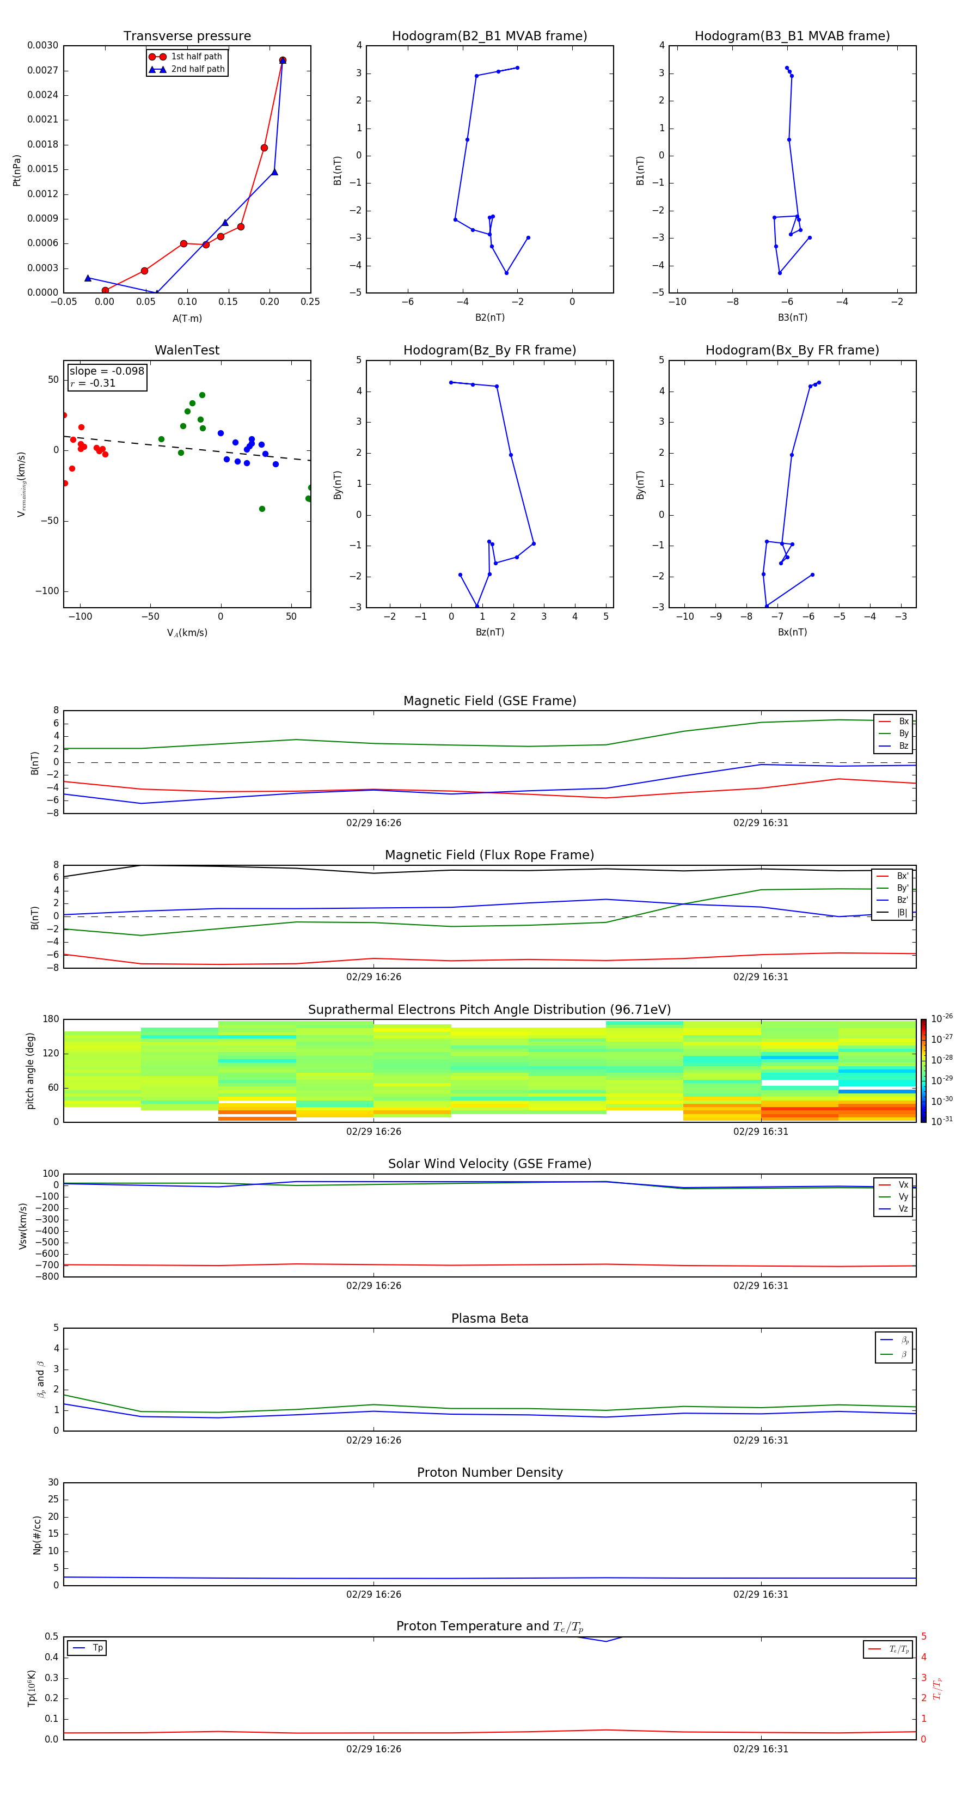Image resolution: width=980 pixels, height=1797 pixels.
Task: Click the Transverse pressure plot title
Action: tap(187, 36)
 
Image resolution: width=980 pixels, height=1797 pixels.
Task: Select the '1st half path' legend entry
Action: tap(196, 57)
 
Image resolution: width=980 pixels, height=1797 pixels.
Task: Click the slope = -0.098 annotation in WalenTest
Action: tap(107, 371)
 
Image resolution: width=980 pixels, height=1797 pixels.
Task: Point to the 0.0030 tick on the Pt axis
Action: tap(42, 45)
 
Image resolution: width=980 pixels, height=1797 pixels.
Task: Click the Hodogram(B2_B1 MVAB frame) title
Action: tap(489, 36)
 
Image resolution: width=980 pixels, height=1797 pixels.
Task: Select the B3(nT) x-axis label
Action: tap(792, 317)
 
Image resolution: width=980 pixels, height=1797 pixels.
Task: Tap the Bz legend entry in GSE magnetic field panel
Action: tap(903, 745)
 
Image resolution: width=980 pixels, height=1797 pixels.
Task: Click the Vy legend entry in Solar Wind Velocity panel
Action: tap(903, 1196)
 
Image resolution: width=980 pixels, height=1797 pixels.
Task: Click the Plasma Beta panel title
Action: tap(489, 1318)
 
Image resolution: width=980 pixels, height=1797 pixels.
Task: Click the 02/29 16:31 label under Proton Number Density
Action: tap(760, 1594)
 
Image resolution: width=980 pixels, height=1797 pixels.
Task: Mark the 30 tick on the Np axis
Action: tap(53, 1482)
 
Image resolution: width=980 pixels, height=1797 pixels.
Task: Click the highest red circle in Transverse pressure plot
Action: tap(283, 60)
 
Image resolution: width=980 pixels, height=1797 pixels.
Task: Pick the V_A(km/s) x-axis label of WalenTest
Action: tap(187, 633)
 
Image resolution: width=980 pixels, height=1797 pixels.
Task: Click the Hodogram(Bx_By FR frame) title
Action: tap(792, 350)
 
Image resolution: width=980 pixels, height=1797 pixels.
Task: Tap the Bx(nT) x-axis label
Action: tap(792, 632)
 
